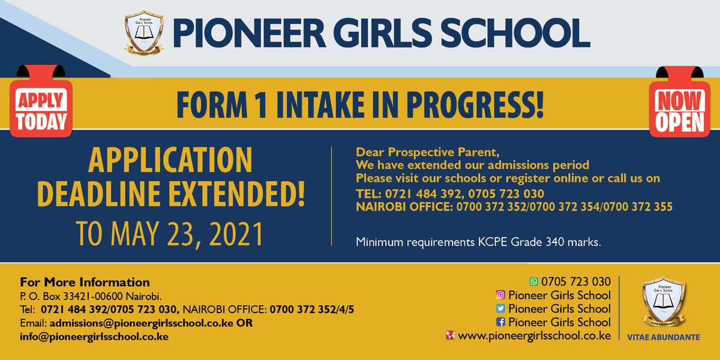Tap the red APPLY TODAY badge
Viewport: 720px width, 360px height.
(x=41, y=111)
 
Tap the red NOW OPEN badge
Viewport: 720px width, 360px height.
(x=679, y=112)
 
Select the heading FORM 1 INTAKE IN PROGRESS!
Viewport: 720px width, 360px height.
(x=360, y=104)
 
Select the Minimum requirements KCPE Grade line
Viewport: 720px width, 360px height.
(x=478, y=242)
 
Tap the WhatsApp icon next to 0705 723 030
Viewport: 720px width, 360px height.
(x=533, y=281)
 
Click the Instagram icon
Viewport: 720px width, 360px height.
(x=500, y=295)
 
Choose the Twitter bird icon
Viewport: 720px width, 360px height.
(x=500, y=308)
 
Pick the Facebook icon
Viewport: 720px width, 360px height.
(x=500, y=322)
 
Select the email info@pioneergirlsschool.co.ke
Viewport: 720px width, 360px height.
(x=94, y=336)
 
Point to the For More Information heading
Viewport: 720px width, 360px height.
(x=85, y=282)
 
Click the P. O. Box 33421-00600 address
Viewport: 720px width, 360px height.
(x=91, y=296)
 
